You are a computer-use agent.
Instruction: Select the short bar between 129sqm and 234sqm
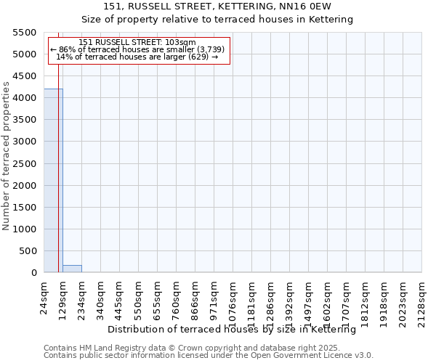pyautogui.click(x=72, y=269)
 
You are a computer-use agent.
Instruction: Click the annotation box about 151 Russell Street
pyautogui.click(x=139, y=50)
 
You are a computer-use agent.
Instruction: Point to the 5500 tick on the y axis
pyautogui.click(x=25, y=33)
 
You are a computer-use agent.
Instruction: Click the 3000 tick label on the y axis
pyautogui.click(x=25, y=142)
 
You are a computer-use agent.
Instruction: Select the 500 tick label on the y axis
pyautogui.click(x=28, y=251)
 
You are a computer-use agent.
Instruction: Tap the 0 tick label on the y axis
pyautogui.click(x=33, y=273)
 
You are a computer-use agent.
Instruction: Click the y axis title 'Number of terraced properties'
pyautogui.click(x=7, y=156)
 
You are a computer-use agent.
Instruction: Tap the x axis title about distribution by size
pyautogui.click(x=236, y=330)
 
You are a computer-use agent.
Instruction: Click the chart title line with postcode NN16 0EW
pyautogui.click(x=217, y=7)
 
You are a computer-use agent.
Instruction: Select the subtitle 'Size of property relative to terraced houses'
pyautogui.click(x=217, y=20)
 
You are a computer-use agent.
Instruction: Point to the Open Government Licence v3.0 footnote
pyautogui.click(x=209, y=355)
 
